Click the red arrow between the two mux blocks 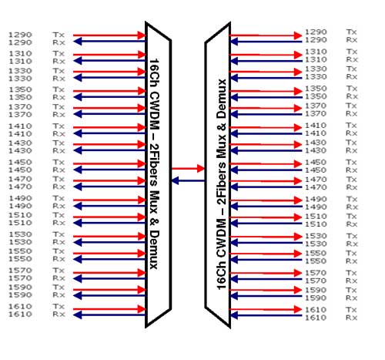(x=188, y=169)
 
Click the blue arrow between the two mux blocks (x=188, y=180)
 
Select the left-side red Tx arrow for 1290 (x=109, y=35)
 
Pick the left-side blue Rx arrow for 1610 (x=109, y=315)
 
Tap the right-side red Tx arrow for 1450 (x=266, y=163)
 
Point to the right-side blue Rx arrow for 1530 (x=266, y=243)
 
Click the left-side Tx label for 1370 (x=59, y=106)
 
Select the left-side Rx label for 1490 (x=59, y=206)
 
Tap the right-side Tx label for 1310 (x=352, y=52)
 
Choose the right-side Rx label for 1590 (x=352, y=298)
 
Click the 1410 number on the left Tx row (x=20, y=126)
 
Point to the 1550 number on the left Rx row (x=20, y=259)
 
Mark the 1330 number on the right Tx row (x=316, y=69)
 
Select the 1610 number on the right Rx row (x=316, y=318)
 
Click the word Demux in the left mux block (x=154, y=249)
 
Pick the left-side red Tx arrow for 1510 (x=109, y=217)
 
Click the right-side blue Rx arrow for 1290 (x=266, y=42)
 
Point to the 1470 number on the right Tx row (x=316, y=179)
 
